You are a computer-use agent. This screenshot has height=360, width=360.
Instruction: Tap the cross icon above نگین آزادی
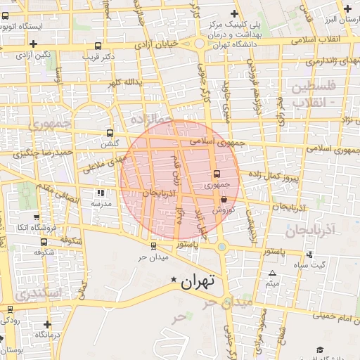click(x=15, y=44)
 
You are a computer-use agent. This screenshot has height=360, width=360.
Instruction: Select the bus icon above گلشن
click(x=109, y=133)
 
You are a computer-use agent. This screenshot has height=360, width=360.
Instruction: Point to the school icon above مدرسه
click(x=101, y=192)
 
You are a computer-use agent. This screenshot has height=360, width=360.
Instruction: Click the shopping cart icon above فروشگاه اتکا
click(x=37, y=217)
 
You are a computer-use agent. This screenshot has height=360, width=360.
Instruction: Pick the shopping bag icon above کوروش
click(x=224, y=199)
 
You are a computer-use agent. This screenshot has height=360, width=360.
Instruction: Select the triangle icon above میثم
click(x=273, y=273)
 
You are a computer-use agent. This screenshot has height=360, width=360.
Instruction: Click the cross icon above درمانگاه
click(x=47, y=324)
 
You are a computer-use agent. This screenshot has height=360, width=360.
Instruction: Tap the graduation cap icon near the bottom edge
click(x=319, y=349)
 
